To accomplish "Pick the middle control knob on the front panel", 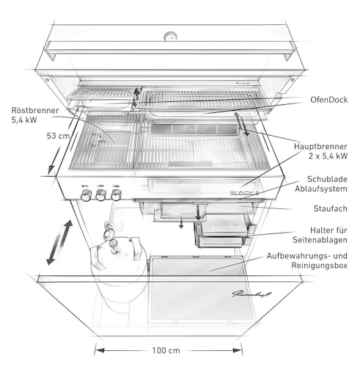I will [x=102, y=195].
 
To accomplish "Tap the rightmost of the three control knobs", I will [x=116, y=195].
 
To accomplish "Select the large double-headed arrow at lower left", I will [x=58, y=242].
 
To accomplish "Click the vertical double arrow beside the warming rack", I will [x=136, y=96].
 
